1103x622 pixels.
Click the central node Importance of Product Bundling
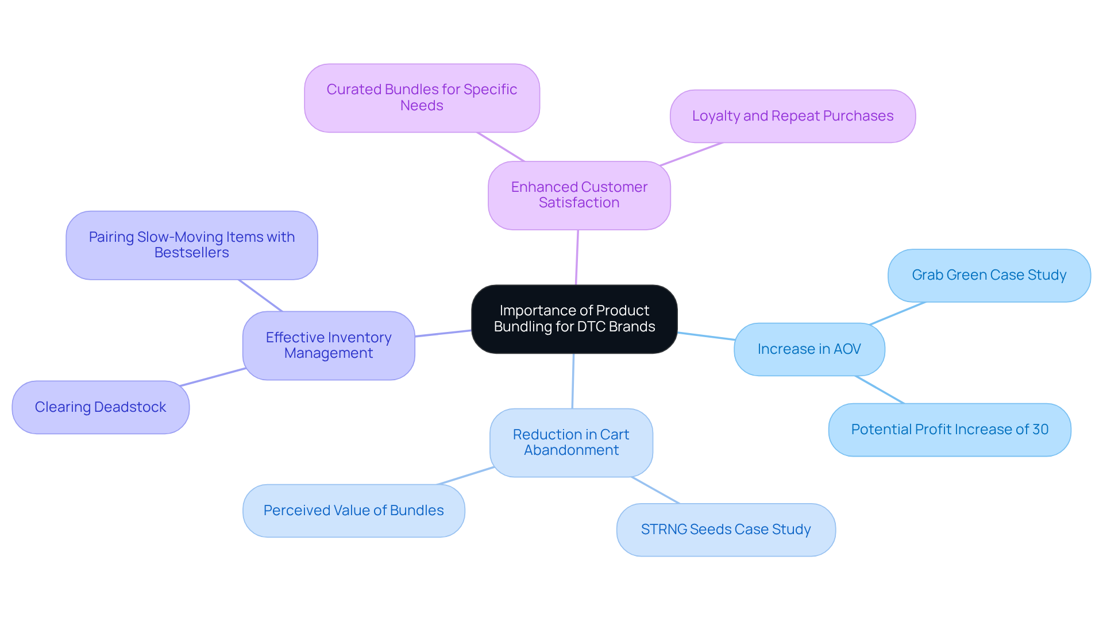coord(574,319)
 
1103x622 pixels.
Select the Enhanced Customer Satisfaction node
coord(579,195)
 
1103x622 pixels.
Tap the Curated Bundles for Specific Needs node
coord(422,98)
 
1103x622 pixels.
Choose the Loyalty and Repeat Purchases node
coord(792,116)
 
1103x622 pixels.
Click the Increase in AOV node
coord(809,349)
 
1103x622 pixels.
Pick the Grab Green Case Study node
coord(989,275)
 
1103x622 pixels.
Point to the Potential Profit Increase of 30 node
coord(949,430)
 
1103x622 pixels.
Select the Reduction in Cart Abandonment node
coord(571,442)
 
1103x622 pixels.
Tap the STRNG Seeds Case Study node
coord(726,530)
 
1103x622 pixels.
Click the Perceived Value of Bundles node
coord(353,511)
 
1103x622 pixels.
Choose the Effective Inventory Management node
coord(329,345)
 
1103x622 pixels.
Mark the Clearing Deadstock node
coord(101,407)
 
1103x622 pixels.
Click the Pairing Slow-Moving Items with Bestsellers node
coord(191,245)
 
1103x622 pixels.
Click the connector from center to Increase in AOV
coord(706,336)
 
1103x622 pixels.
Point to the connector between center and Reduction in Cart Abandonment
coord(573,381)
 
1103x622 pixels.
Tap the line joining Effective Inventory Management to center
coord(443,333)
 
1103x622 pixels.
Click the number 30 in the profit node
coord(1040,430)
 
